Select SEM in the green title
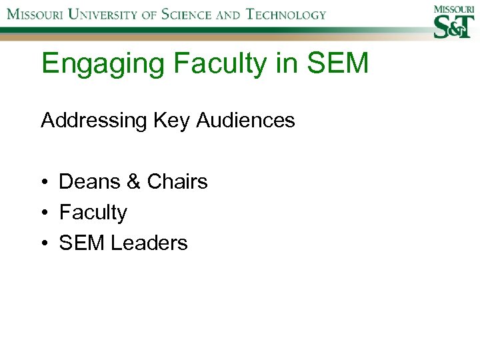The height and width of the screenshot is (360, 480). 341,64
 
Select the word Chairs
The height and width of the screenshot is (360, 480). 177,181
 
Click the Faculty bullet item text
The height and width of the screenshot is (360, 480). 93,213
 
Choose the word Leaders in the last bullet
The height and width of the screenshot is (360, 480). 149,243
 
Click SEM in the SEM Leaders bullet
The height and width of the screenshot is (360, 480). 83,243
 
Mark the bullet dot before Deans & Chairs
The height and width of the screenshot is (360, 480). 44,182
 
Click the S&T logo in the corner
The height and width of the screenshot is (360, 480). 453,22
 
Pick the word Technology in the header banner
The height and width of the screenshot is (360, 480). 287,14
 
